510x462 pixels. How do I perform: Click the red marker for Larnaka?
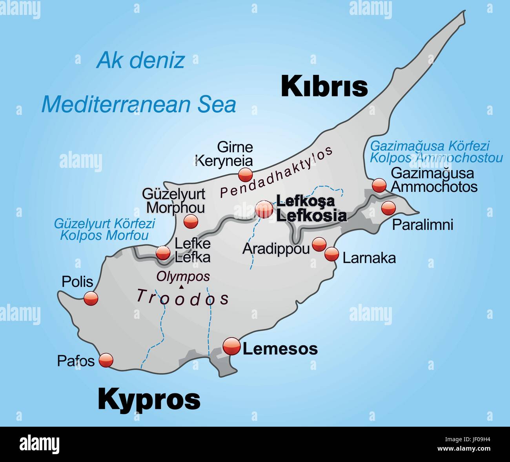331,254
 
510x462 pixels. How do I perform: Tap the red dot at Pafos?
106,360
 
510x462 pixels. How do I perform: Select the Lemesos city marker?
231,346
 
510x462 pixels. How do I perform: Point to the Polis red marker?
91,299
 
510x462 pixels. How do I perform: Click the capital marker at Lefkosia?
264,210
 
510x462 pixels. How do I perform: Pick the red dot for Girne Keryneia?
246,175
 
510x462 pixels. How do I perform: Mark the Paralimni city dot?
388,207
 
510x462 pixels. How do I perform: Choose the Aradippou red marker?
319,244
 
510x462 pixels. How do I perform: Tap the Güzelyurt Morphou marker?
191,221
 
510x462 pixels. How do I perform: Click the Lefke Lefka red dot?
163,253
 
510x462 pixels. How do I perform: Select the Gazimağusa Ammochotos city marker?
379,185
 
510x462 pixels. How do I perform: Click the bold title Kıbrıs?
324,86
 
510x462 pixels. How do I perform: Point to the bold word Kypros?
149,399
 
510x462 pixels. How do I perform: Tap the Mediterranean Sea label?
139,104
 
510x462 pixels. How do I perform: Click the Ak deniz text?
140,60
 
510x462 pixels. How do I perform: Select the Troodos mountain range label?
182,298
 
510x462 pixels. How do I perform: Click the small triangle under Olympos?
181,287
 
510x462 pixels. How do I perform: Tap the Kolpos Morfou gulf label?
104,235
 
